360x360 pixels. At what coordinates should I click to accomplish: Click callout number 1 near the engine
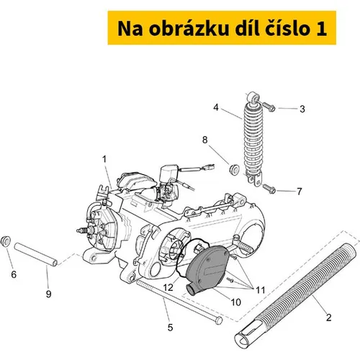[104, 159]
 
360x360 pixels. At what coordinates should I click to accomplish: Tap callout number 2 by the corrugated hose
[328, 318]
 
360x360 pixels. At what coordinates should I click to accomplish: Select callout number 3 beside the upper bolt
[302, 109]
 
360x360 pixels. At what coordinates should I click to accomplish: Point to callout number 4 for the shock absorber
[216, 107]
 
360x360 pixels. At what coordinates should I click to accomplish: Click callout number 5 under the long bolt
[170, 328]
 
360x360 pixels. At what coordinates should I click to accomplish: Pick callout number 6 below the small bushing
[14, 274]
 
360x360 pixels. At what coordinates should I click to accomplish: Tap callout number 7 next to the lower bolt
[300, 192]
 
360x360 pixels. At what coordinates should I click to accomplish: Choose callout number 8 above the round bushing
[204, 140]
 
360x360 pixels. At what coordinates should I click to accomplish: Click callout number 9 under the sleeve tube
[48, 294]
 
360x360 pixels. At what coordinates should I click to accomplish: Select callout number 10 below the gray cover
[235, 302]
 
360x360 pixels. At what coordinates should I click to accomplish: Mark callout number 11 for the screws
[260, 290]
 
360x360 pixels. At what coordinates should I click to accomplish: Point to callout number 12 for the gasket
[168, 287]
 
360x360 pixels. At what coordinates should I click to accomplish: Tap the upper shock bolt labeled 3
[269, 107]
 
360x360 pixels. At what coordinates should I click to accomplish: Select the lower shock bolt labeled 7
[269, 188]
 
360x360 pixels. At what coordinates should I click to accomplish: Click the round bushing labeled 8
[234, 169]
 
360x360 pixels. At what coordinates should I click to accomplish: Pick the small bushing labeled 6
[6, 240]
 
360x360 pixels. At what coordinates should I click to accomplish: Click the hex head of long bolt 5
[219, 321]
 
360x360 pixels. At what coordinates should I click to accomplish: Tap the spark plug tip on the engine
[78, 231]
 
